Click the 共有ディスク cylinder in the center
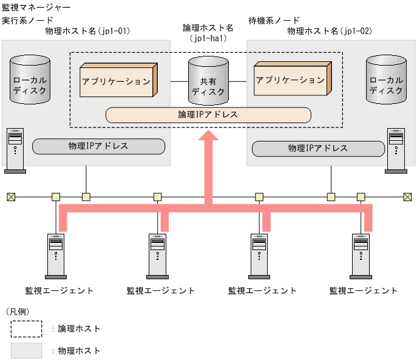[208, 80]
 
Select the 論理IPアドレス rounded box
[208, 114]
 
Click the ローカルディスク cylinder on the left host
[30, 78]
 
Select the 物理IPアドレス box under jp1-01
[98, 146]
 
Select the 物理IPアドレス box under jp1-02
[317, 148]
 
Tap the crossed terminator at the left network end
[10, 197]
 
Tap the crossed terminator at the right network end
[407, 197]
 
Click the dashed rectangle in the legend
[26, 328]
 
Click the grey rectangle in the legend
[26, 350]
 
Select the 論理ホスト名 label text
[208, 28]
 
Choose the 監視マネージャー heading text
[36, 8]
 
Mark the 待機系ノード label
[273, 20]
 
